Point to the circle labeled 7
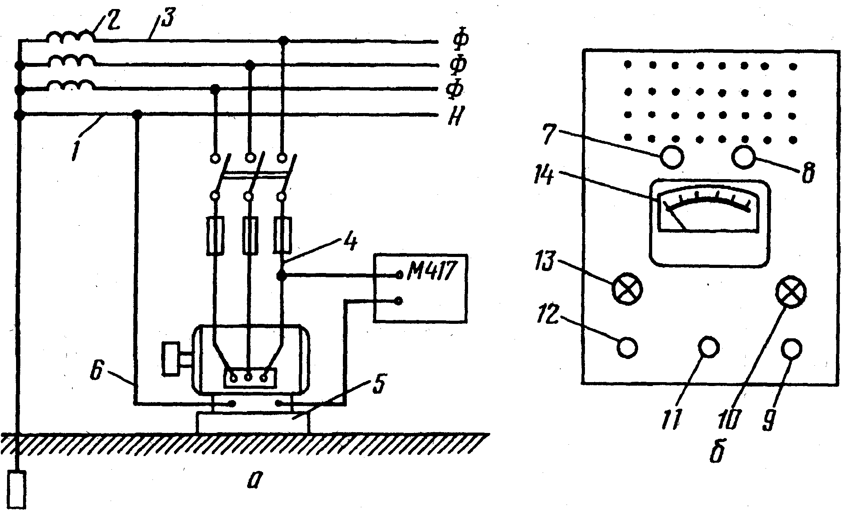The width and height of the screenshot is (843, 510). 672,157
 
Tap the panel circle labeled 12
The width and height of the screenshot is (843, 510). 628,347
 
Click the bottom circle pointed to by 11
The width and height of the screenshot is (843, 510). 708,347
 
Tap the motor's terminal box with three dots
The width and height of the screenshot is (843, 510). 249,378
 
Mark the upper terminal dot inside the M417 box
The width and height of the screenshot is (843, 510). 399,275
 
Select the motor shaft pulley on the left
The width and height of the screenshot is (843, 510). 171,359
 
